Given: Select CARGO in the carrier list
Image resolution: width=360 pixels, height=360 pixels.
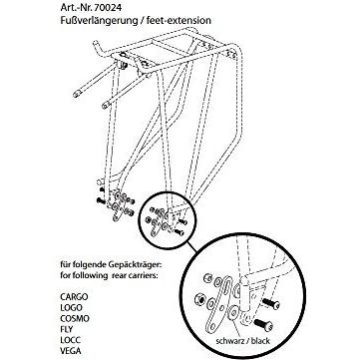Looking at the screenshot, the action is point(74,296).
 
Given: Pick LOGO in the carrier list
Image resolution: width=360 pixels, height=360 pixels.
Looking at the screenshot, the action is point(71,307).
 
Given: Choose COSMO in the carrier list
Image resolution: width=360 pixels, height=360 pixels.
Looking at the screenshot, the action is point(75,318).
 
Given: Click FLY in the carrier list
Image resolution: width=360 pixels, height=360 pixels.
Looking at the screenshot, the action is point(67,329).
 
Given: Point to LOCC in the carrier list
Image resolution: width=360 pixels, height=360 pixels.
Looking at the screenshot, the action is point(71,340).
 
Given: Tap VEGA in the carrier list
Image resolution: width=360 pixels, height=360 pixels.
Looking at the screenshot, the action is point(71,350).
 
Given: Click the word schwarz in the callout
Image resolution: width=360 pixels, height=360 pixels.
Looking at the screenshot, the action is point(228,341).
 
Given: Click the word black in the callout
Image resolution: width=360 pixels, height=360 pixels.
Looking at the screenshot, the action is point(260,341).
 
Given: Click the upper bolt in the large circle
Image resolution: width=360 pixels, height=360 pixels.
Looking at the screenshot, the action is point(271,303).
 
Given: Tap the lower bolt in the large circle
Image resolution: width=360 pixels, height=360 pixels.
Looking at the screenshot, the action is point(263,324).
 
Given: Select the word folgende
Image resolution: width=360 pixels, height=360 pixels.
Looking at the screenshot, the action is point(90,266).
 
